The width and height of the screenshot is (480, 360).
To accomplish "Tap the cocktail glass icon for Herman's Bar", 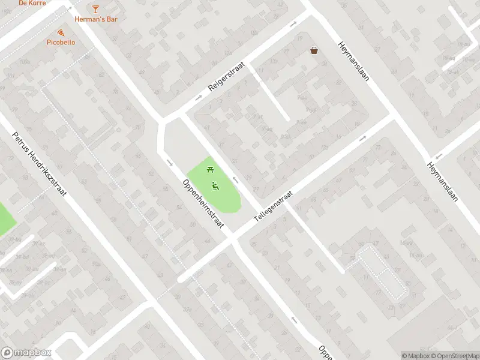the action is tap(95, 8).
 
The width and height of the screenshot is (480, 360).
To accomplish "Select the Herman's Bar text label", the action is tap(95, 19).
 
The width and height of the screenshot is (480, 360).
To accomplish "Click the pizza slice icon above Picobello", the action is tap(61, 32).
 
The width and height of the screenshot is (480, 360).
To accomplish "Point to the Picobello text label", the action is tap(61, 43).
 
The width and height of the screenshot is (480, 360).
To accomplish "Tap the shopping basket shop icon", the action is tap(314, 51).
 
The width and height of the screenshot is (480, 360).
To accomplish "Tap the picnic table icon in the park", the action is tap(210, 170).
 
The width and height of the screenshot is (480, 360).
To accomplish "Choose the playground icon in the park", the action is tap(215, 185).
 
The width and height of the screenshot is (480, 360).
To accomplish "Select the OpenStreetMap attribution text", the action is tap(454, 356).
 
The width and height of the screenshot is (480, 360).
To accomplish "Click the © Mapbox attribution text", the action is tap(415, 356).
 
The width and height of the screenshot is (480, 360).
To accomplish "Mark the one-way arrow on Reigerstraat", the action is tap(293, 25).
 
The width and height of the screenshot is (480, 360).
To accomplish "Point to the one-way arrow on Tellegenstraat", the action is tap(362, 138).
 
